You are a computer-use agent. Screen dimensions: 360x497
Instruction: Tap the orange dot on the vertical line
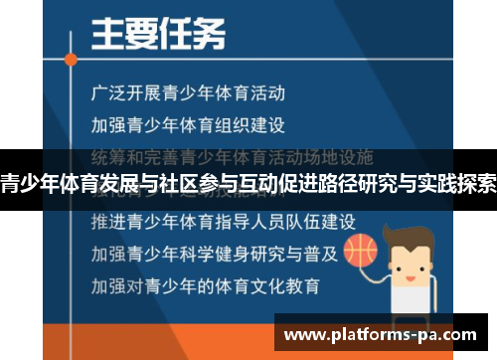[71, 59]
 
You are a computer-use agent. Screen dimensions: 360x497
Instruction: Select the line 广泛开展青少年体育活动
[188, 93]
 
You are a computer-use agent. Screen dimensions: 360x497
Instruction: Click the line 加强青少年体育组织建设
[188, 126]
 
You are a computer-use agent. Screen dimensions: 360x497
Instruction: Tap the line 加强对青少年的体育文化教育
[205, 285]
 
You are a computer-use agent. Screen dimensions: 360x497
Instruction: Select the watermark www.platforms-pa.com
[385, 333]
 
